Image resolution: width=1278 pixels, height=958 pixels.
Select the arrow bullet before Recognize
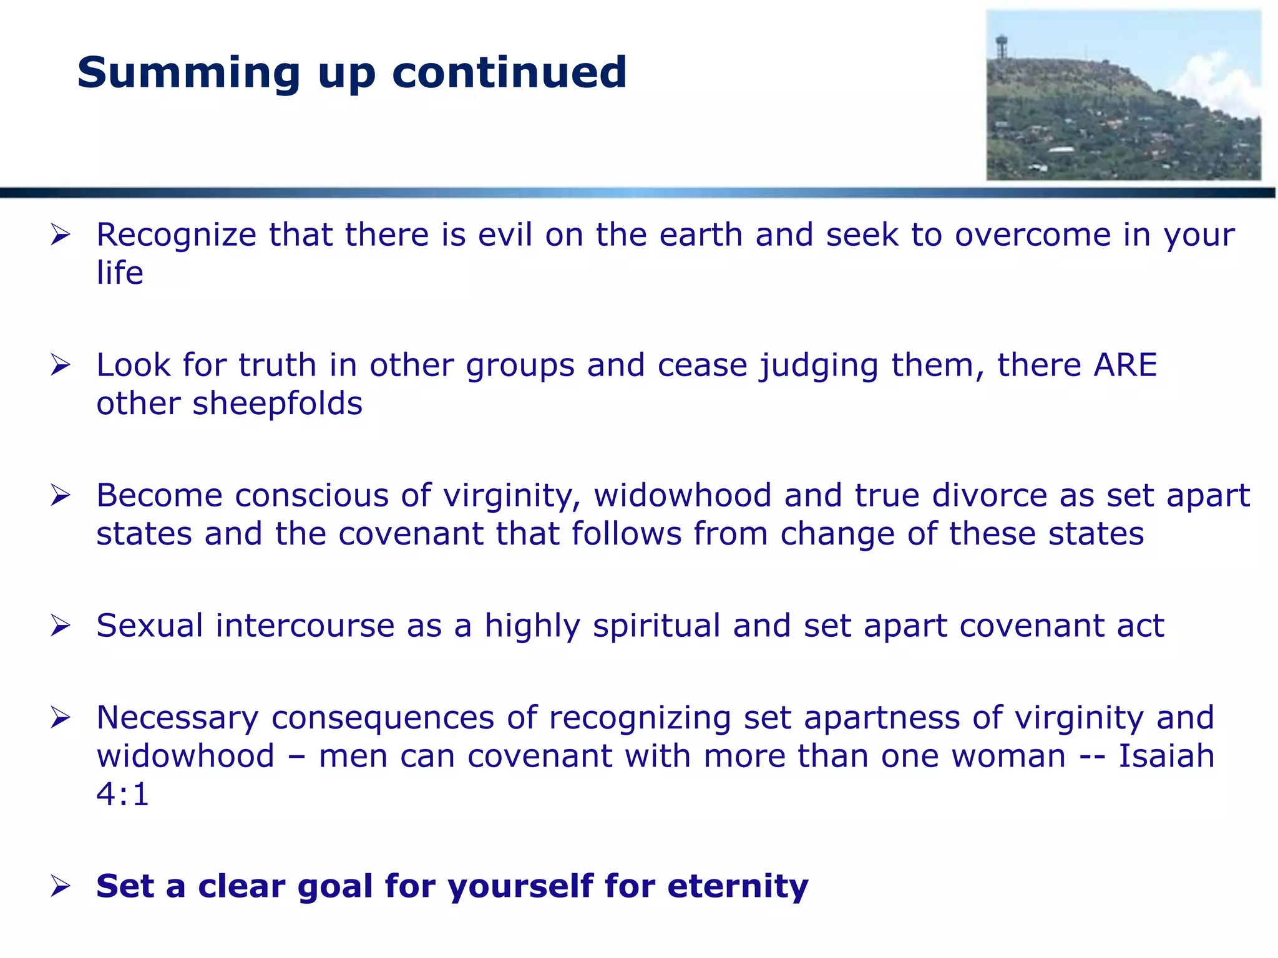click(61, 236)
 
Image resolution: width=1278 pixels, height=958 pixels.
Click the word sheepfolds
click(277, 404)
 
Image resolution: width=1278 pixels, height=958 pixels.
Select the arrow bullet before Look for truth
click(61, 365)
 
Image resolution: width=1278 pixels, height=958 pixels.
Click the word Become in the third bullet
click(159, 495)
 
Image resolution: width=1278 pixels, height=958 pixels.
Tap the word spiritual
click(656, 626)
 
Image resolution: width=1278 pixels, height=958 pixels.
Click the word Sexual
click(150, 626)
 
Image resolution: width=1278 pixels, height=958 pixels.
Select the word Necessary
click(177, 718)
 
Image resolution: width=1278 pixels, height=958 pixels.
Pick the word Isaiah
click(1166, 756)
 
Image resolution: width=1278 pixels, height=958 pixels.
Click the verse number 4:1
click(123, 795)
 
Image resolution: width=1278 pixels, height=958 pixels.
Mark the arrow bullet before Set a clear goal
click(61, 886)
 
